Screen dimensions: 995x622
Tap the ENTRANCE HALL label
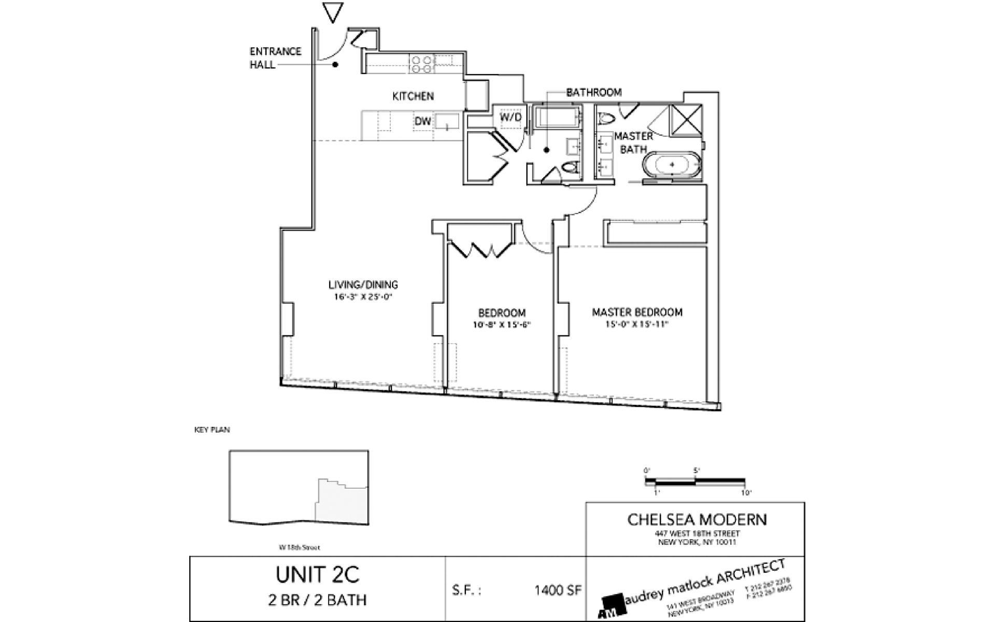pyautogui.click(x=275, y=58)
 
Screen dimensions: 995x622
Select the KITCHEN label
pyautogui.click(x=413, y=96)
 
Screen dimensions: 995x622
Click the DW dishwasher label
pyautogui.click(x=422, y=121)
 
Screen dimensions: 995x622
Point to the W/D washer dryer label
pyautogui.click(x=510, y=118)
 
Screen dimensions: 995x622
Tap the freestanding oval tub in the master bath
pyautogui.click(x=672, y=165)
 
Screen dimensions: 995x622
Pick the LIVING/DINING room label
pyautogui.click(x=363, y=285)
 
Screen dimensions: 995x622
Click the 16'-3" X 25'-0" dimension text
pyautogui.click(x=363, y=298)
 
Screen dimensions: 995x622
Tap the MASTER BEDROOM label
pyautogui.click(x=637, y=312)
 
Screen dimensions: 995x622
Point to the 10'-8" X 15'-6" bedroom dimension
pyautogui.click(x=502, y=325)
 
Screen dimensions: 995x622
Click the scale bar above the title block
pyautogui.click(x=695, y=481)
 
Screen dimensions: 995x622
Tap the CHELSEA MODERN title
pyautogui.click(x=697, y=519)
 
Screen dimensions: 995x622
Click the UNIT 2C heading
pyautogui.click(x=317, y=575)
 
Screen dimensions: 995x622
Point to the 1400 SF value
pyautogui.click(x=558, y=590)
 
